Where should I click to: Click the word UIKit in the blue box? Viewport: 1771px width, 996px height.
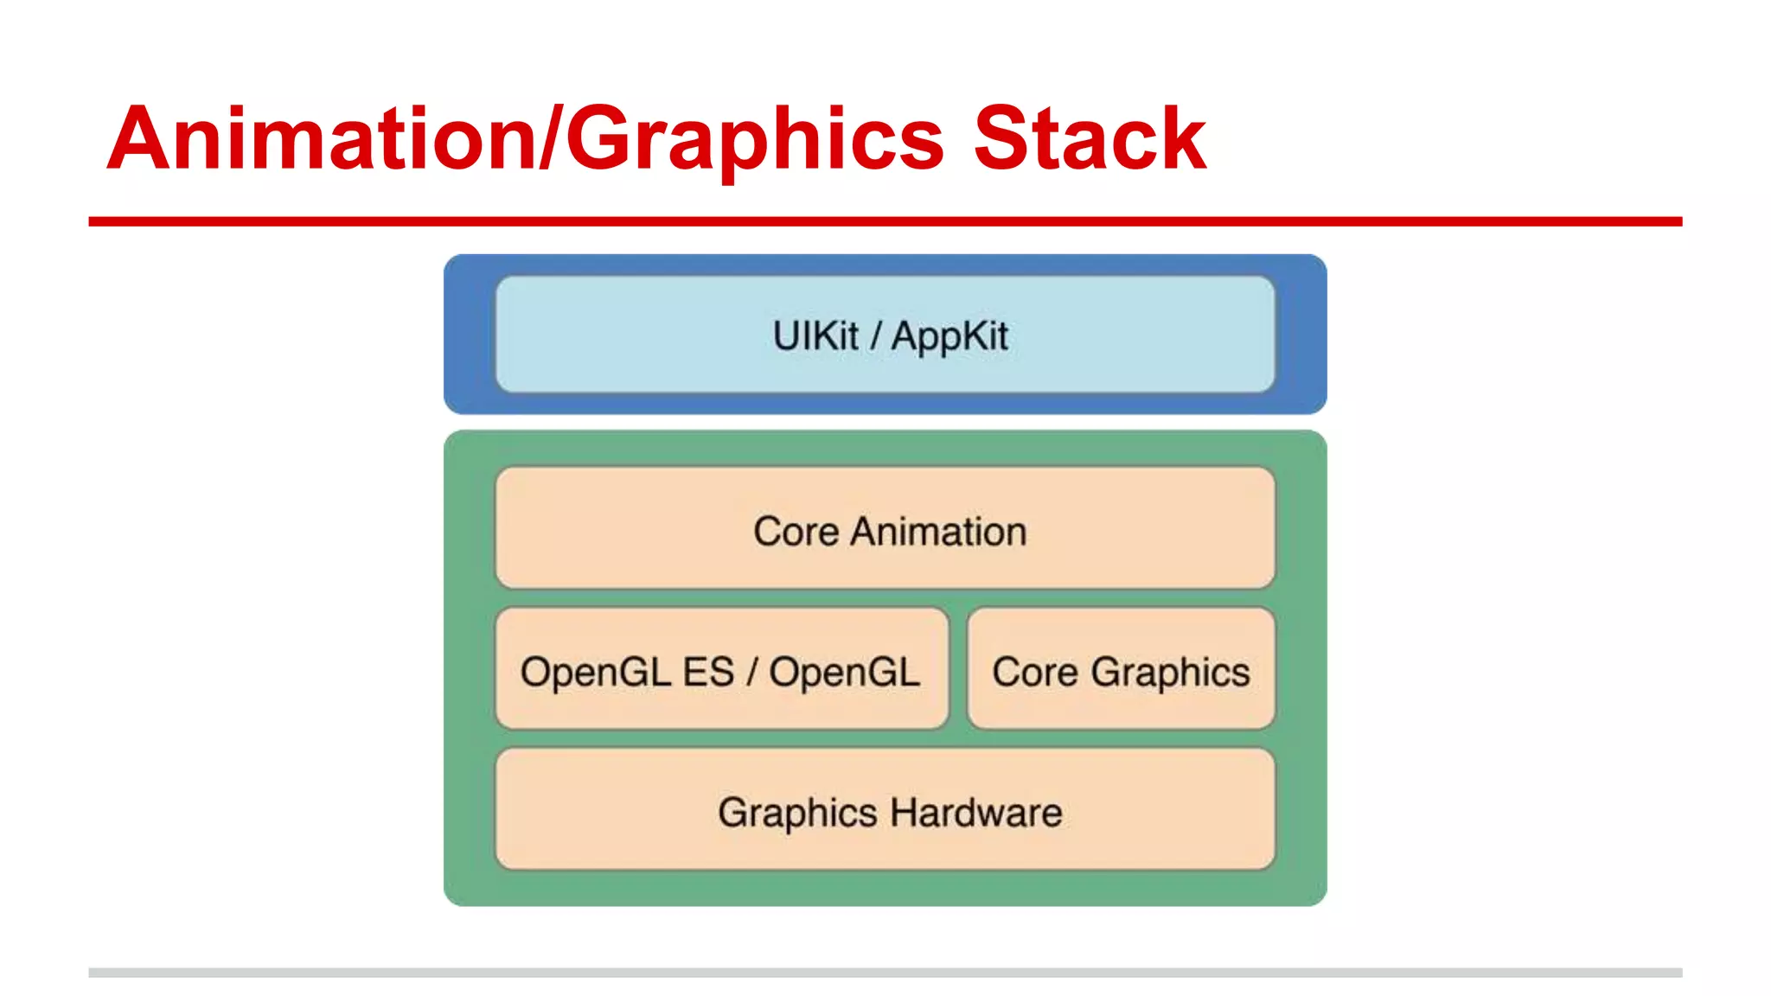(x=815, y=335)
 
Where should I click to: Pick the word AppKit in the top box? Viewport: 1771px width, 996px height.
(x=949, y=337)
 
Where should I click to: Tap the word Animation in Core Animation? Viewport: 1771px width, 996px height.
(x=938, y=531)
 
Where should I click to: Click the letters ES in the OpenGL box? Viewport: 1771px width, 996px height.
(x=707, y=672)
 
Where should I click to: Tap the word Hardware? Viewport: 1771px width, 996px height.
(x=976, y=813)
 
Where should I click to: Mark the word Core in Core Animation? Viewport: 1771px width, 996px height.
(x=796, y=531)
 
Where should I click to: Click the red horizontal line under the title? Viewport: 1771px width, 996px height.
(x=885, y=222)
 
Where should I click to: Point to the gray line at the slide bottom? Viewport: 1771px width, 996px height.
(x=885, y=973)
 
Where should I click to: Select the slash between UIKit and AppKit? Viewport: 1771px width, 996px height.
(x=875, y=335)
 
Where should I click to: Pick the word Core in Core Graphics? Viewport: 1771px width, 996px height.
(x=1034, y=672)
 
